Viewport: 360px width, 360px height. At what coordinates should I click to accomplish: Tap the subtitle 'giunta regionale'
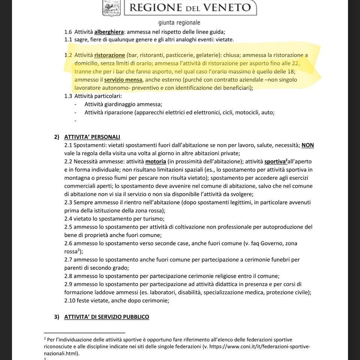[x=179, y=22]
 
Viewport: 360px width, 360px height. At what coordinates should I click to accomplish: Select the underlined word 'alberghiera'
[x=109, y=32]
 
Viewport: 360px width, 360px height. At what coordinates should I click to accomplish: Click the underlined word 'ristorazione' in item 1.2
[x=109, y=55]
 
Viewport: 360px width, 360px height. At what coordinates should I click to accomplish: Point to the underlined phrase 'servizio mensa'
[x=123, y=79]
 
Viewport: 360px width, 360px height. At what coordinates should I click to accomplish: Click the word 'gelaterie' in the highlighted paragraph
[x=208, y=55]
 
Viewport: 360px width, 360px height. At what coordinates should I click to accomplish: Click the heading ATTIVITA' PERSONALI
[x=92, y=137]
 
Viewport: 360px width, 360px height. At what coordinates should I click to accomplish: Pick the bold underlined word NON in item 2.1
[x=307, y=145]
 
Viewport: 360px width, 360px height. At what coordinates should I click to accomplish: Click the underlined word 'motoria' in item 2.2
[x=156, y=162]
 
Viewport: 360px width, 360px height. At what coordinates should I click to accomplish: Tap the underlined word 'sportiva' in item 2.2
[x=275, y=162]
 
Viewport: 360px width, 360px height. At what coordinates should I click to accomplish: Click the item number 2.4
[x=68, y=219]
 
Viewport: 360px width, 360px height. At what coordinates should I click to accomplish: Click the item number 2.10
[x=70, y=300]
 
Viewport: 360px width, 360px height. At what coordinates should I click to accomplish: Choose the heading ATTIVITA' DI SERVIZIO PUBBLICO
[x=106, y=317]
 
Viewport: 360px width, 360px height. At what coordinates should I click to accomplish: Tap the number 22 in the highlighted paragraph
[x=295, y=63]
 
